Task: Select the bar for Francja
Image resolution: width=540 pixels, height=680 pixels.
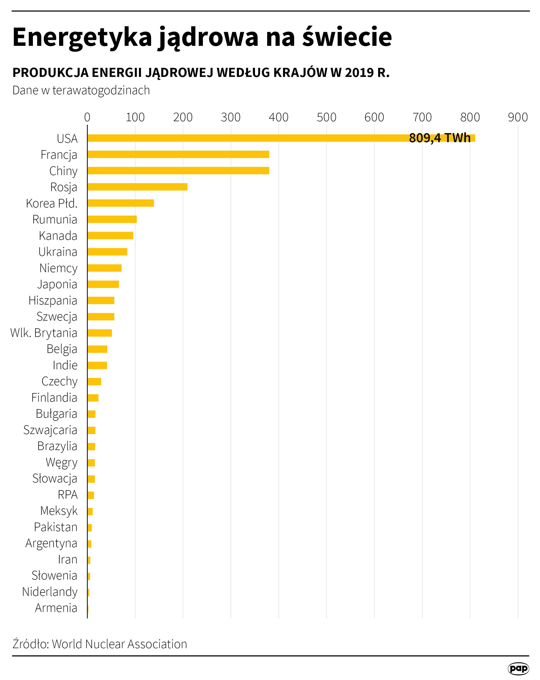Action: pos(178,154)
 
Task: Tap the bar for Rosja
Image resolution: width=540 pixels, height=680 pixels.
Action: pos(137,187)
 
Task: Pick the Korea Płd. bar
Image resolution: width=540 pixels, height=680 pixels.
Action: pos(120,203)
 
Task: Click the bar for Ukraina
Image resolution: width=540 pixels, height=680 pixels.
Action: pos(107,252)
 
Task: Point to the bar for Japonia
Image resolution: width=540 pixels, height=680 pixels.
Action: pos(103,284)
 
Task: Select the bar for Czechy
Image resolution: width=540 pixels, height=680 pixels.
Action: pos(94,381)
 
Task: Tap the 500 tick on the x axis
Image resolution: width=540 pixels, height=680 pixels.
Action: pos(326,117)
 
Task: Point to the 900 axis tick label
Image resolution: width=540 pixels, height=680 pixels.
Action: pos(518,117)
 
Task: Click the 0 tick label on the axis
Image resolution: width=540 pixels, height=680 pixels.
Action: pos(87,117)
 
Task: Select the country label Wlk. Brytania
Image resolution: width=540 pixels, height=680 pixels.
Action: pos(44,333)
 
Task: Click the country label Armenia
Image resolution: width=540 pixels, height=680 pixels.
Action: pos(56,608)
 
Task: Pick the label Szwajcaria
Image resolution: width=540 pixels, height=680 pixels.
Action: pos(50,430)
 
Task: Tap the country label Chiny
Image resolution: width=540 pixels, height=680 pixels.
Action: pos(63,171)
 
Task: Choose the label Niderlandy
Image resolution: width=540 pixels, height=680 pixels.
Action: pos(49,592)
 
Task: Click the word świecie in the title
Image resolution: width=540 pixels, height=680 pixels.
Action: pos(347,37)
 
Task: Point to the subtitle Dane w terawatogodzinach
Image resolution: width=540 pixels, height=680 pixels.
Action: pos(81,90)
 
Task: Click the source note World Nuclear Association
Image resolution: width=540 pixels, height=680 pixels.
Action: pos(119,644)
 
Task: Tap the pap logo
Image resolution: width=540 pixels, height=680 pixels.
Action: pos(518,668)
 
